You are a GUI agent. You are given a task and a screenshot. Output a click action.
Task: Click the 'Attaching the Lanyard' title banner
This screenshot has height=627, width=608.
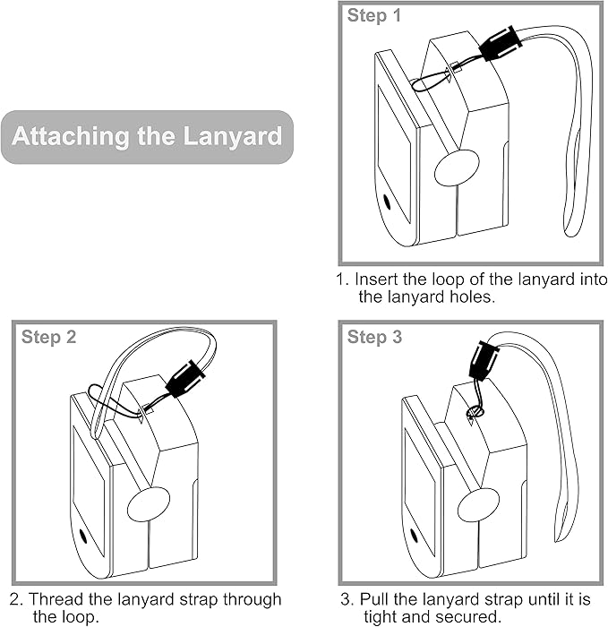tap(147, 137)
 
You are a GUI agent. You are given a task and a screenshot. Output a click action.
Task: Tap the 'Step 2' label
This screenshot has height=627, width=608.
tap(48, 337)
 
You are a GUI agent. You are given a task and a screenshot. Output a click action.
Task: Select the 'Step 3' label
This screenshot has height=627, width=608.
tap(374, 337)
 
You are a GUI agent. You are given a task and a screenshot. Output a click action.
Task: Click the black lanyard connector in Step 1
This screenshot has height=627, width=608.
tap(499, 43)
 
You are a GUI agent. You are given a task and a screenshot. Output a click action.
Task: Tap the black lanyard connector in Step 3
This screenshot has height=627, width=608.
tap(484, 362)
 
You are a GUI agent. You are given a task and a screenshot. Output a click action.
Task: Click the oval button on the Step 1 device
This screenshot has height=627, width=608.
tap(457, 167)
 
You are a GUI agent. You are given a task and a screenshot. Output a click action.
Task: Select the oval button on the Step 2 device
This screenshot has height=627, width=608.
tap(150, 505)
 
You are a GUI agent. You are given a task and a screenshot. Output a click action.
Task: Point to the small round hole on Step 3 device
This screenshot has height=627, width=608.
tap(415, 537)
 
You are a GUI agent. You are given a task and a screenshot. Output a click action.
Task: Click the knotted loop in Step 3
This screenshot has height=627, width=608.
tap(475, 411)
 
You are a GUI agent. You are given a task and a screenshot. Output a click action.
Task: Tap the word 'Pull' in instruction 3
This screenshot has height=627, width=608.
tap(373, 599)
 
